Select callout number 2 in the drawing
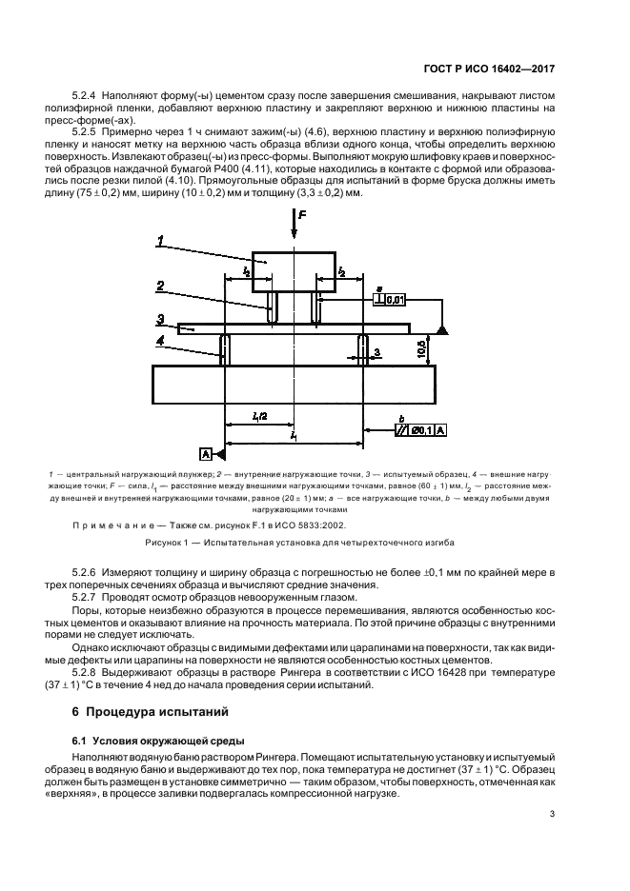(x=163, y=286)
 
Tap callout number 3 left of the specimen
(x=163, y=319)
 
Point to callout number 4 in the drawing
(x=163, y=339)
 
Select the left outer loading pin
(x=224, y=349)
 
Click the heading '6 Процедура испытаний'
(x=150, y=712)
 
